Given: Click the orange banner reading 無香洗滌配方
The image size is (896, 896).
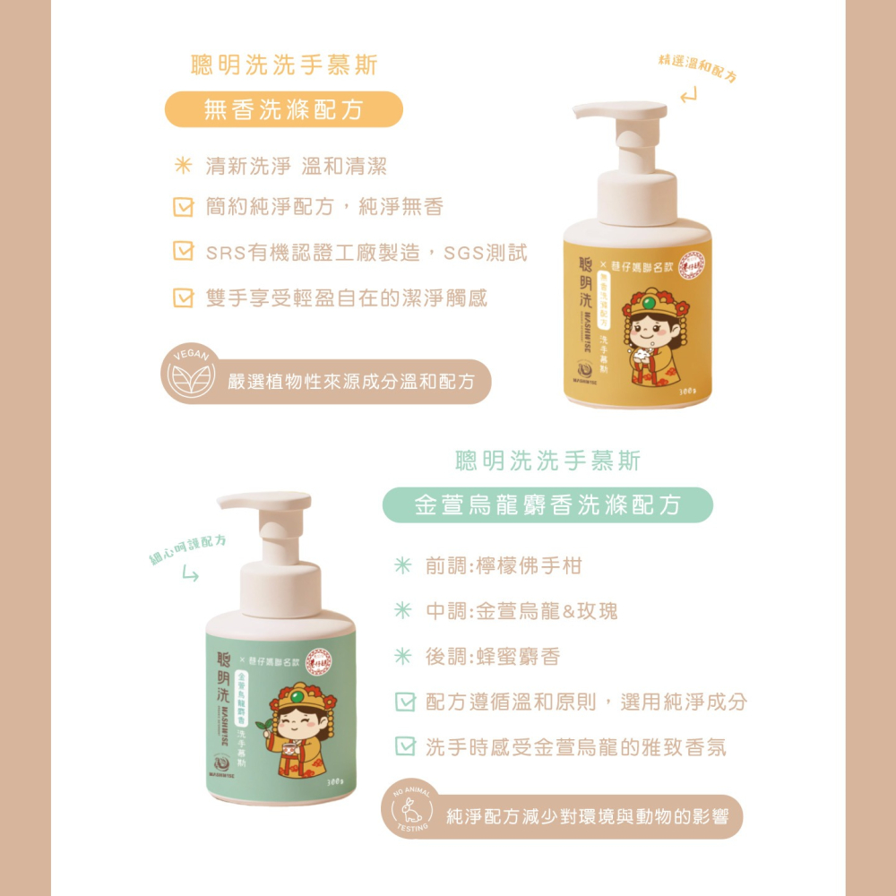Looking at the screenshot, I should [284, 109].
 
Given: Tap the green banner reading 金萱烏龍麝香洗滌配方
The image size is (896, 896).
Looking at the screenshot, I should [547, 505].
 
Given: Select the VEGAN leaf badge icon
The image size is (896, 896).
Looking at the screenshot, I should [187, 375].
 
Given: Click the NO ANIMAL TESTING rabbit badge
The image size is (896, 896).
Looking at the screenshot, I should [412, 811].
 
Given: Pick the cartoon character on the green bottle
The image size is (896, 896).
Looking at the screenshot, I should [300, 725].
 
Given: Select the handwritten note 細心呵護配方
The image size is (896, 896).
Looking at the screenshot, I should [187, 548].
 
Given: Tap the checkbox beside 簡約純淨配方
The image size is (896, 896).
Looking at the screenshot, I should [183, 209].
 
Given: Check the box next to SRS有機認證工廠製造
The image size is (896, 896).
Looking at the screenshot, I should [183, 253].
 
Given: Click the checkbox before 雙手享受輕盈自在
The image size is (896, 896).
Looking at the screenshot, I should [183, 297].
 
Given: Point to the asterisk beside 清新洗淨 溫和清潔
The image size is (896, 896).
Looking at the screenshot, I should [183, 166].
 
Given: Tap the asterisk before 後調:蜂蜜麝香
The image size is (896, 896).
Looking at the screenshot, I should [404, 657].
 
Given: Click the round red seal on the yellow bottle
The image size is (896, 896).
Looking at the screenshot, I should [692, 264].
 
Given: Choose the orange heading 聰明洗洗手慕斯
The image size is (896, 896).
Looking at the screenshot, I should [285, 65].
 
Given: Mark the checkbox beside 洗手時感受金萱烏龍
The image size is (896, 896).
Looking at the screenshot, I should [405, 746].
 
